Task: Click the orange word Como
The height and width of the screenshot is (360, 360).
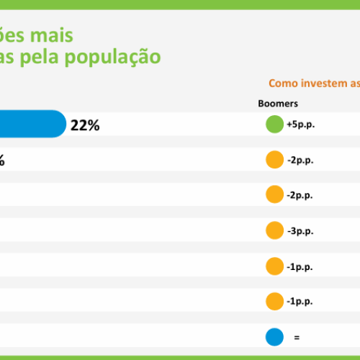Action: [x=284, y=84]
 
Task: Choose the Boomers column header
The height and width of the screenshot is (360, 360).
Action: [x=278, y=103]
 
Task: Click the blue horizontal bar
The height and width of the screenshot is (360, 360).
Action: [x=32, y=124]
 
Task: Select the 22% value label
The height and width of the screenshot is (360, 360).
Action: [x=85, y=125]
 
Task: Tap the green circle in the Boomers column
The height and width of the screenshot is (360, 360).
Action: [x=274, y=124]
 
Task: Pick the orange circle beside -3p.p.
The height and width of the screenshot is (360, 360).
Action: [x=274, y=230]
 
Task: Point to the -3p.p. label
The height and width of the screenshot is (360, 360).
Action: [x=300, y=230]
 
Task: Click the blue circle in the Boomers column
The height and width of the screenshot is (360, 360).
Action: [x=274, y=336]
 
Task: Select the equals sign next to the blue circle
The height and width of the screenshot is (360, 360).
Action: [x=296, y=336]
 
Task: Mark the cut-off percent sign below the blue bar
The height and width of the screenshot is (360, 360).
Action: [x=1, y=161]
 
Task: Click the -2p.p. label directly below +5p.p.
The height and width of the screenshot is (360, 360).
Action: [x=300, y=160]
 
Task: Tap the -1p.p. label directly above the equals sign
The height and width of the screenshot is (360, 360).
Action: [x=300, y=301]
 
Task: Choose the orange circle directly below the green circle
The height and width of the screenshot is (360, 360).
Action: [x=274, y=160]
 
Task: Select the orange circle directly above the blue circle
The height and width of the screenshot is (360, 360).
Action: [x=274, y=301]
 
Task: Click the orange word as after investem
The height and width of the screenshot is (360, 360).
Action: [x=355, y=84]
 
